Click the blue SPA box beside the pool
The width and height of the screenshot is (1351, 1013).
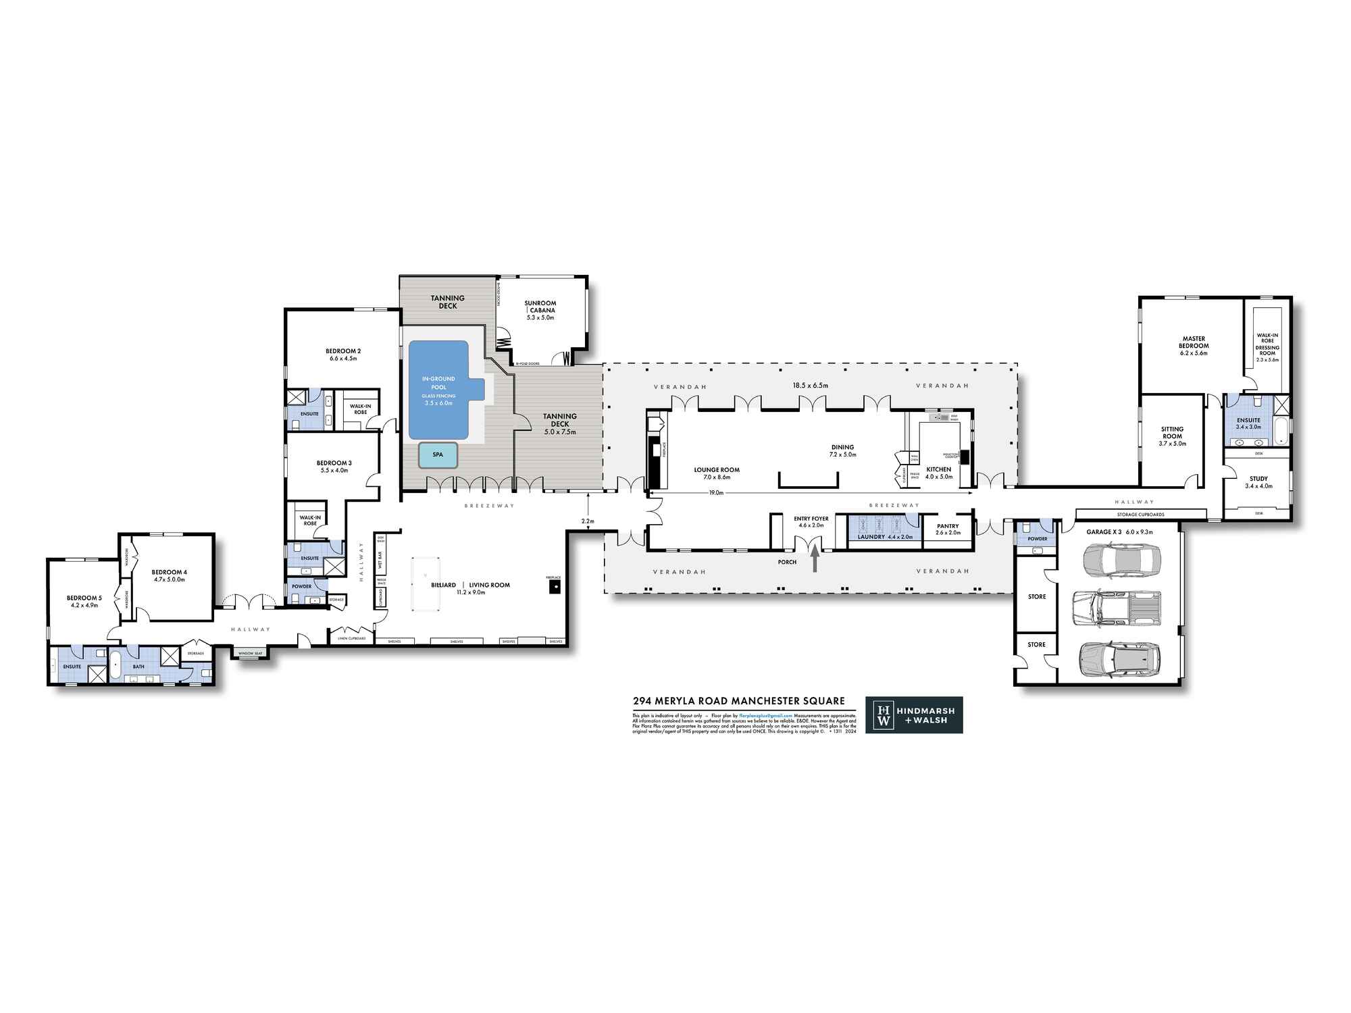tap(438, 455)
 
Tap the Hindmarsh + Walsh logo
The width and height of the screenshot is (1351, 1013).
tap(914, 715)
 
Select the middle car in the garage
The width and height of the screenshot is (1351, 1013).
tap(1116, 607)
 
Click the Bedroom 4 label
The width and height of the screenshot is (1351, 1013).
tap(169, 572)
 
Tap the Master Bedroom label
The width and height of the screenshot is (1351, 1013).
tap(1194, 342)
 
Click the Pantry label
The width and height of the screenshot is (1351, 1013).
tap(948, 526)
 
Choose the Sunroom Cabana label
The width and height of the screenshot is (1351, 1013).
tap(540, 307)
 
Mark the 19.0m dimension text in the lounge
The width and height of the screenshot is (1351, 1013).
tap(716, 493)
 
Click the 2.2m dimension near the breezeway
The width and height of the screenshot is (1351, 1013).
tap(588, 521)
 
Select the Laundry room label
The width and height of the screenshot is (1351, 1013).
tap(871, 537)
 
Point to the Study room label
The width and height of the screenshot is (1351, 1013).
tap(1258, 479)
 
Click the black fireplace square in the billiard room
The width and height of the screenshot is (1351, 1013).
tap(555, 588)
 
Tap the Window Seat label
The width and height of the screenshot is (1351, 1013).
tap(250, 653)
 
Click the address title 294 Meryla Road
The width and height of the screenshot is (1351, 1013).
tap(738, 701)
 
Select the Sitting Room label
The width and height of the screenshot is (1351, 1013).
tap(1172, 432)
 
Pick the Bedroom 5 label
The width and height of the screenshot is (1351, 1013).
tap(84, 598)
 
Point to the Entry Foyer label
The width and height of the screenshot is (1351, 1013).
tap(811, 519)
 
